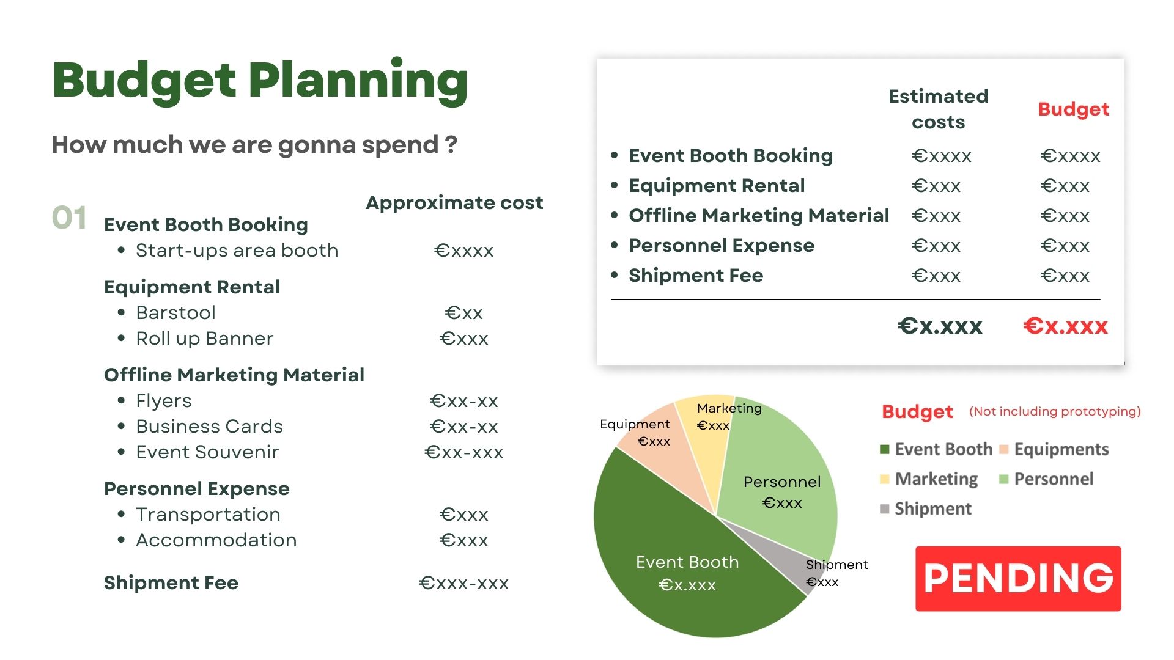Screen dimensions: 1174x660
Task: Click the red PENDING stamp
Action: [1018, 578]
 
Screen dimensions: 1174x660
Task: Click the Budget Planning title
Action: [260, 81]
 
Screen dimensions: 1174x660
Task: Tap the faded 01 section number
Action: [69, 218]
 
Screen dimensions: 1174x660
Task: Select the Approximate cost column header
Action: [454, 202]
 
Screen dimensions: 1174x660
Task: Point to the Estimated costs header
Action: [938, 109]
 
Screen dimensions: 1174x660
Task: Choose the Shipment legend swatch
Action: [884, 509]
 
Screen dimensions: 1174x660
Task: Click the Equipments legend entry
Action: [1054, 450]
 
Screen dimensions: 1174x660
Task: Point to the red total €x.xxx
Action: [1065, 326]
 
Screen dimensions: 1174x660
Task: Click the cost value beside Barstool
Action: [464, 313]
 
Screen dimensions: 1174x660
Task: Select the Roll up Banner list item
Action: [205, 339]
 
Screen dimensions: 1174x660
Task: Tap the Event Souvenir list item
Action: [207, 452]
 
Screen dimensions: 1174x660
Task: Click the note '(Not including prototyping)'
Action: [1055, 411]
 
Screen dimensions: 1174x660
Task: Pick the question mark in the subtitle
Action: [451, 144]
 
